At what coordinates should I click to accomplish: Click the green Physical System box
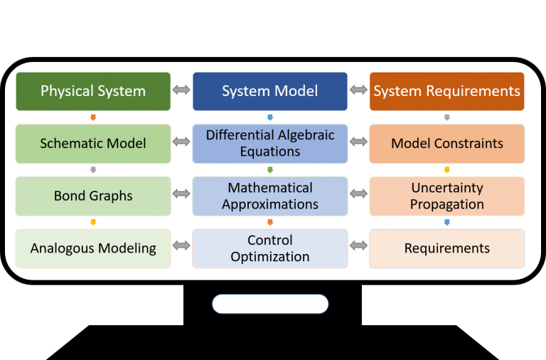(93, 91)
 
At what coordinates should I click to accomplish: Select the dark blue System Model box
(270, 91)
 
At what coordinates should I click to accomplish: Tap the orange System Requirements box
(446, 91)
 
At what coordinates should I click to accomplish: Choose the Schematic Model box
(93, 144)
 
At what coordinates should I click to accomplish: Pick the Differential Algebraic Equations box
(270, 144)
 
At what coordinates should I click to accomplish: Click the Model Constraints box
(446, 144)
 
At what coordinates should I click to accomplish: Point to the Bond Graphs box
(93, 196)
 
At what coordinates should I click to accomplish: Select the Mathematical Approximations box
(270, 196)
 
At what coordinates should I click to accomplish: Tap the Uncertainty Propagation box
(446, 196)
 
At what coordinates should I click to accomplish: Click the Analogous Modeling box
(93, 248)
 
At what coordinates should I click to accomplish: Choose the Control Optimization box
(270, 248)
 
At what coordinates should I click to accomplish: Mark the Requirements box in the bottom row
(446, 248)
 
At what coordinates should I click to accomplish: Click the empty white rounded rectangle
(270, 304)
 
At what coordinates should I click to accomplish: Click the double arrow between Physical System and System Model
(181, 90)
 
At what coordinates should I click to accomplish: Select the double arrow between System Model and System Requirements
(358, 90)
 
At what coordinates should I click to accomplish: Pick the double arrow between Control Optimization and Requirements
(358, 246)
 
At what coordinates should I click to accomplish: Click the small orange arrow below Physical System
(93, 117)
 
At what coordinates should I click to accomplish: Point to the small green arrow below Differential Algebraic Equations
(270, 170)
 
